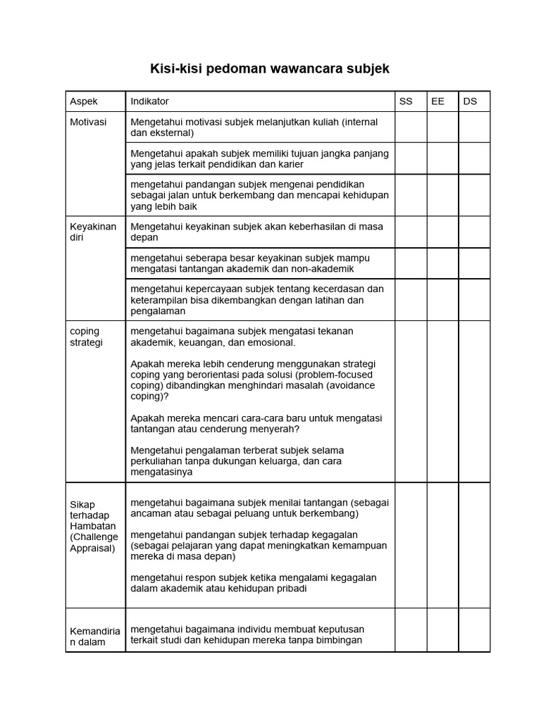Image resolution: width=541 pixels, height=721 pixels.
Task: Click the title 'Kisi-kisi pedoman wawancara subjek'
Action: (269, 69)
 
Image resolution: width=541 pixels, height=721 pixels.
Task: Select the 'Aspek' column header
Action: (84, 101)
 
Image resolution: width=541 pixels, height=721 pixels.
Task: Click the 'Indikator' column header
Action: (149, 101)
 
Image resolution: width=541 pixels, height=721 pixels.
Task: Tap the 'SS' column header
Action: (406, 101)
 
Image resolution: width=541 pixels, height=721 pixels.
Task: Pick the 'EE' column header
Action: (437, 101)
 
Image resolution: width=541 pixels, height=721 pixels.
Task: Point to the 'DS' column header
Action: (470, 101)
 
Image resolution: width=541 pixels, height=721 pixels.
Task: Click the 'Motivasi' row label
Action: (88, 122)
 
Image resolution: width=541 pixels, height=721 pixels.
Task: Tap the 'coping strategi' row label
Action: (86, 337)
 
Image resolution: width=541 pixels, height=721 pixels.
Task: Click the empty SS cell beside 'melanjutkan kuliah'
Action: (411, 127)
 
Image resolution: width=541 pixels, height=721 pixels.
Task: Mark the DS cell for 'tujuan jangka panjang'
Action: (474, 158)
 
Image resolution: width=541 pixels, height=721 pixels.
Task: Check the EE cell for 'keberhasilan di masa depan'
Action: (442, 232)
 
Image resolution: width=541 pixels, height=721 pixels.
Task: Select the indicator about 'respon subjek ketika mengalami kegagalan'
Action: (254, 583)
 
